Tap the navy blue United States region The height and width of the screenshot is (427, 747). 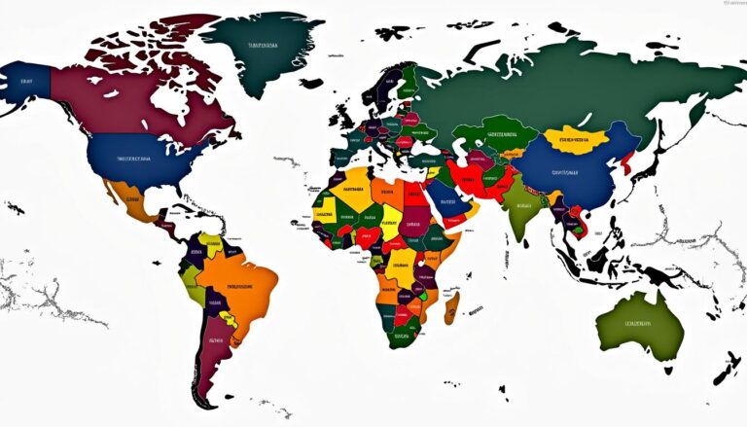(x=136, y=160)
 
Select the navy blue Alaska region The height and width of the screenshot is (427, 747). (x=24, y=83)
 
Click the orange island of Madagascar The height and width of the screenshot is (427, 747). (x=451, y=308)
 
